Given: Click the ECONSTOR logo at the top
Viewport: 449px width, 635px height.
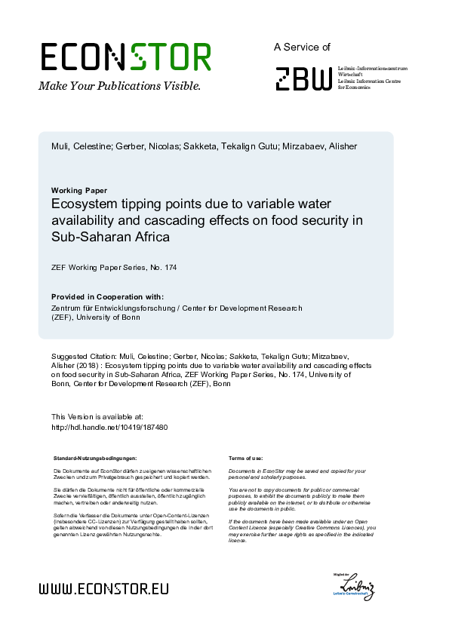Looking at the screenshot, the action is point(125,57).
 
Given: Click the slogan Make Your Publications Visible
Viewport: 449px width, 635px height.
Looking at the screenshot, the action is point(119,86).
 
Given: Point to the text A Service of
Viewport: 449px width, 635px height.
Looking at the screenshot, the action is point(302,47).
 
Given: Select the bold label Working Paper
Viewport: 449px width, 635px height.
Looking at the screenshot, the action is point(79,190).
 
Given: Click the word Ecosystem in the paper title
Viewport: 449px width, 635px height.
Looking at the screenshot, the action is point(87,204).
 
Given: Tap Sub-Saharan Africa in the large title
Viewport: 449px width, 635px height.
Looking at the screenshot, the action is point(110,236).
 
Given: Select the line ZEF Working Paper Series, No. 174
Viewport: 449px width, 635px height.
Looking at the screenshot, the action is point(114,268).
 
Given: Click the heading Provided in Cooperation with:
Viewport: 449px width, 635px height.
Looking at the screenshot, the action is point(107,296).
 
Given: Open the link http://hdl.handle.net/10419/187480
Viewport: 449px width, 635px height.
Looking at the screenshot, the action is point(109,427).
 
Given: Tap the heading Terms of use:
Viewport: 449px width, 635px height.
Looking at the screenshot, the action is point(245,458).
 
